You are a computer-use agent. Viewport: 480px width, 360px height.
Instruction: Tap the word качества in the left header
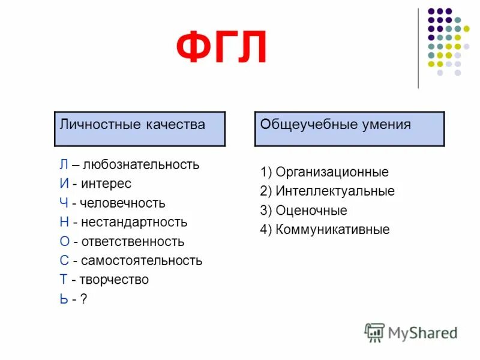175,124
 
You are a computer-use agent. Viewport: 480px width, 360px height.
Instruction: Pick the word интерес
107,184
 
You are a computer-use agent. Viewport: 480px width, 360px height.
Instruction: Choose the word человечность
124,203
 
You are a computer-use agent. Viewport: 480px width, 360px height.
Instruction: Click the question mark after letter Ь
83,299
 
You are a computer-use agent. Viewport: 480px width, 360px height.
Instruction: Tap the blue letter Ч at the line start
64,203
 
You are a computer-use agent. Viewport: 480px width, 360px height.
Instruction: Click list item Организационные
332,172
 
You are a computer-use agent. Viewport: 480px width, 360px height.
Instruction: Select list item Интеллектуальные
335,191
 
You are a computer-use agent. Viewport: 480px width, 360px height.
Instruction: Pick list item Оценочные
311,211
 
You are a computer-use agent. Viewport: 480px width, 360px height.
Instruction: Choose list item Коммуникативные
332,230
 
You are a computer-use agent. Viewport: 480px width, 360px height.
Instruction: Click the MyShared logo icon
374,332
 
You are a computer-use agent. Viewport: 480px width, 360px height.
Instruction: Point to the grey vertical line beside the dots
419,48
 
